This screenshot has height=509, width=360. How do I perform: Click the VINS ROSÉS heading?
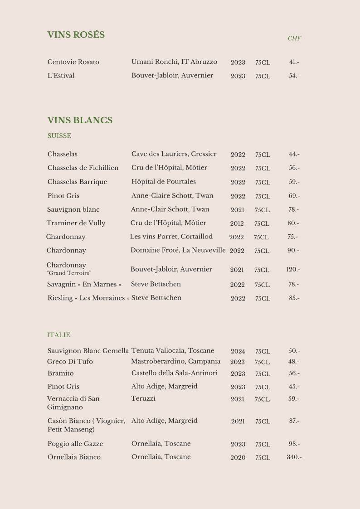point(76,35)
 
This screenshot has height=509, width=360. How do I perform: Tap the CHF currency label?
point(294,39)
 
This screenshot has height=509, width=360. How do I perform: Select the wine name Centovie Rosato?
point(73,62)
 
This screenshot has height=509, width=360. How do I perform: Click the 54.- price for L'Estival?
point(294,76)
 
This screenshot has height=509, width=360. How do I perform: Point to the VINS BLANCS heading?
point(80,120)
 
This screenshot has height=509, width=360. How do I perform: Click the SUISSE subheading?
point(59,136)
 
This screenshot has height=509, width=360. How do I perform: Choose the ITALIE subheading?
point(58,335)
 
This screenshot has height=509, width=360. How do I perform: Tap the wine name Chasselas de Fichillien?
point(83,168)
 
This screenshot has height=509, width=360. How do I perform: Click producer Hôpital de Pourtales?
point(164,181)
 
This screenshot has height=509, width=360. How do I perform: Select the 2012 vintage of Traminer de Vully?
point(237,223)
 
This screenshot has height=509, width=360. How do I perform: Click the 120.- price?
point(293,269)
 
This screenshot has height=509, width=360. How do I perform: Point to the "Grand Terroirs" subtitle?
point(69,273)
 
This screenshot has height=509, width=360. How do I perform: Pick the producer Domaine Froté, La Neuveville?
point(178,250)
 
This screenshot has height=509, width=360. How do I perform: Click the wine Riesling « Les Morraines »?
point(88,298)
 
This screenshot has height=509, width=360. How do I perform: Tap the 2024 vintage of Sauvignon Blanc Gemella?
point(238,351)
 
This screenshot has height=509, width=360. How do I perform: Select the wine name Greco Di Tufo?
point(70,361)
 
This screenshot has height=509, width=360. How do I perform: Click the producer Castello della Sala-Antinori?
point(175,373)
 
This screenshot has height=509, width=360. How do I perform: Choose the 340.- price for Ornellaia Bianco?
point(294,457)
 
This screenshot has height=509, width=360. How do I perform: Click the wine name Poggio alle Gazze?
point(75,444)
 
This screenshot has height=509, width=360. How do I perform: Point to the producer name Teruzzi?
point(143,398)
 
